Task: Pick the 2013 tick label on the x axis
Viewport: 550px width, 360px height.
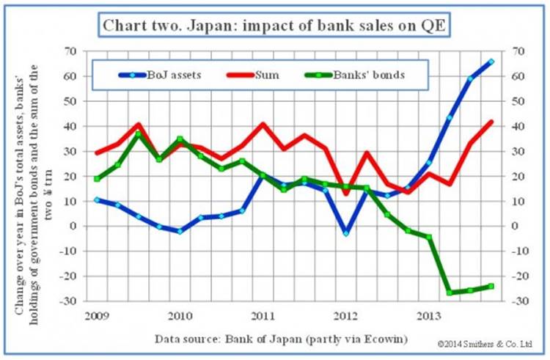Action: (428, 316)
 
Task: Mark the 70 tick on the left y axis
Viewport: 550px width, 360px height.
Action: (71, 51)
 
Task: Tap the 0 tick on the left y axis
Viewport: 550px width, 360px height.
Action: (74, 226)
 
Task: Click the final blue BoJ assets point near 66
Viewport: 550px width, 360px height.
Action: (491, 62)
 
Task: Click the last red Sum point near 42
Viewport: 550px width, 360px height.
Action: (491, 122)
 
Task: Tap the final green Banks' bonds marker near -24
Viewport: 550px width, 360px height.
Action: (491, 286)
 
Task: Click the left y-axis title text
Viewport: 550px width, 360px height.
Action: (35, 176)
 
